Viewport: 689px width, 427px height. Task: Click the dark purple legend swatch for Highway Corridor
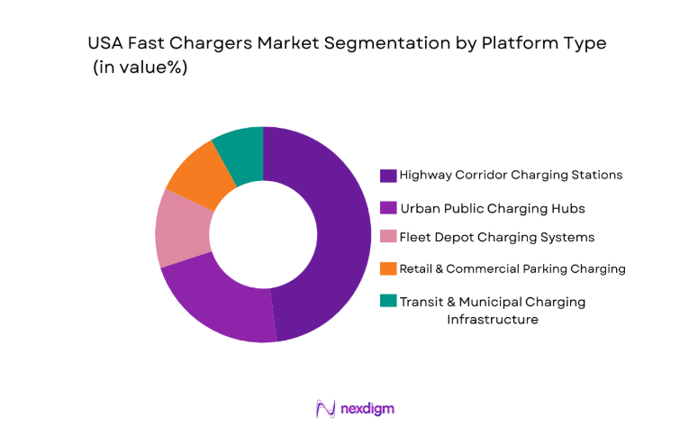pos(388,176)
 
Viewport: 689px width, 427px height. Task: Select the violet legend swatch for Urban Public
pos(388,208)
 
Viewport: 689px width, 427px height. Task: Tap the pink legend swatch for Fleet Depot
pos(388,238)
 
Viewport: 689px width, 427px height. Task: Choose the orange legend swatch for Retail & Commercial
pos(388,268)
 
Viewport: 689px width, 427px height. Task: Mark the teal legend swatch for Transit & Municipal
pos(388,302)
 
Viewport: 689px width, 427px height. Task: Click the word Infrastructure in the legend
pos(493,319)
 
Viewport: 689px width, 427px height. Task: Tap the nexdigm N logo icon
pos(325,408)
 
